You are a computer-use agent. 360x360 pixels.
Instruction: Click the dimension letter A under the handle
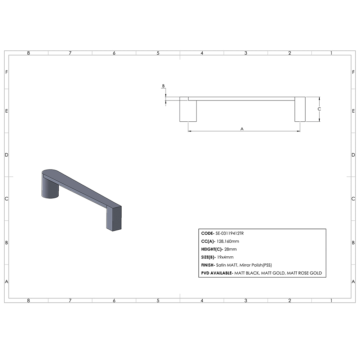coord(242,129)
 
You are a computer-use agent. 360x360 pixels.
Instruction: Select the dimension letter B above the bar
coord(163,86)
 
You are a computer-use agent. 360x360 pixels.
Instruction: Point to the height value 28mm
coord(230,249)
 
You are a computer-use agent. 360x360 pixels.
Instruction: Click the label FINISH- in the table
coord(208,265)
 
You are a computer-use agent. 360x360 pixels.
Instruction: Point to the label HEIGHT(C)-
coord(212,249)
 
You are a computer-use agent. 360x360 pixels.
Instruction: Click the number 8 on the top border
coord(28,53)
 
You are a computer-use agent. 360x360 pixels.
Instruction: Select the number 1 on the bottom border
coord(331,300)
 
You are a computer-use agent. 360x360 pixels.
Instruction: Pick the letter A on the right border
coord(354,282)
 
